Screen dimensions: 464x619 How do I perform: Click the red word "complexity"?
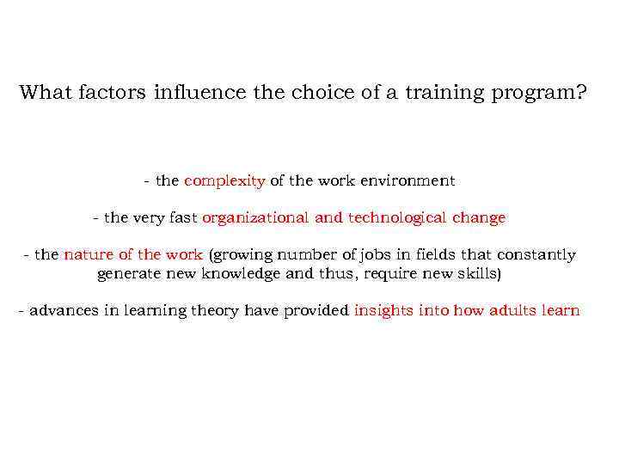click(x=224, y=181)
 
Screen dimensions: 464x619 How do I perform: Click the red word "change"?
click(x=479, y=218)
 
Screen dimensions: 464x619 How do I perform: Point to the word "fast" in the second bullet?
click(x=183, y=218)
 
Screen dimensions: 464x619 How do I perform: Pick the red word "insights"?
click(x=383, y=311)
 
